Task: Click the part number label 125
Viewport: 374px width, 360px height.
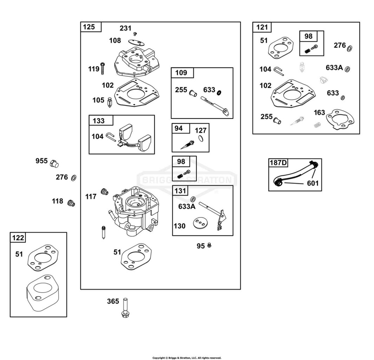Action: (x=89, y=27)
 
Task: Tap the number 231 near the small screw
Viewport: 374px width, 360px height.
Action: (x=125, y=28)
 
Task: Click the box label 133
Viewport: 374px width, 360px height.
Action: (x=99, y=121)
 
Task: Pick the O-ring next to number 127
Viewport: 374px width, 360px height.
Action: (x=201, y=139)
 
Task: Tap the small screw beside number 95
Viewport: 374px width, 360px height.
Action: (x=209, y=245)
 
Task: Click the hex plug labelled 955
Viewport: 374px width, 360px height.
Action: (x=54, y=164)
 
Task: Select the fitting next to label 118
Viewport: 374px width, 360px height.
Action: (x=71, y=203)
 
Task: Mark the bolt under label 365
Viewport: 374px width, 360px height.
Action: (x=125, y=308)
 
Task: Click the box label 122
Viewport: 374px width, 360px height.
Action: (x=18, y=238)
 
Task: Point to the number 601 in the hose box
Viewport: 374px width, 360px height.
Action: (x=313, y=183)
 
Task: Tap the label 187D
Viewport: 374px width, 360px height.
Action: (x=278, y=163)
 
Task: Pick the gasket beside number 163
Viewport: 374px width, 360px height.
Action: (x=340, y=120)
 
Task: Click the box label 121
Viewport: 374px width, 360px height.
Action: (x=262, y=27)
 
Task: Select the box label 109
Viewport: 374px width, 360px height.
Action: (x=181, y=72)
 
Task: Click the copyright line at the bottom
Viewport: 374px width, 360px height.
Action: (x=187, y=358)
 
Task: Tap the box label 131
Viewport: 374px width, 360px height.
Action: (x=180, y=191)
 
